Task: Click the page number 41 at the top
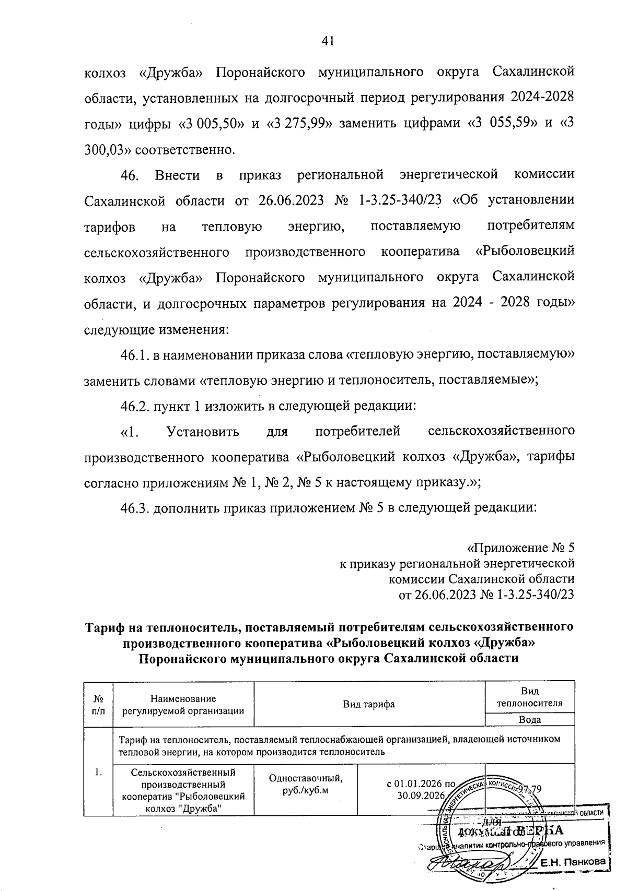[328, 41]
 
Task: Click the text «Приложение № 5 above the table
[520, 548]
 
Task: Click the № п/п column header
[98, 704]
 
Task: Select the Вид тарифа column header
[368, 704]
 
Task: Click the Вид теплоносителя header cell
[529, 697]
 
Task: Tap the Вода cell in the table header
[529, 719]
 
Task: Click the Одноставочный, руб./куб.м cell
[306, 783]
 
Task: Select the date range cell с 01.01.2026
[421, 790]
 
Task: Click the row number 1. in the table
[98, 772]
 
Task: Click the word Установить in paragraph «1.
[203, 432]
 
